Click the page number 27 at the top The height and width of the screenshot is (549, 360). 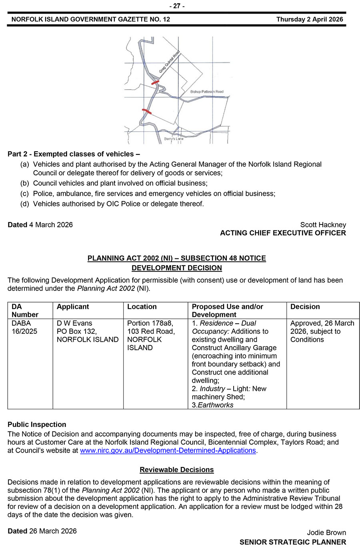[x=177, y=6]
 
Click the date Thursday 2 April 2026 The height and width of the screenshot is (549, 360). [x=310, y=19]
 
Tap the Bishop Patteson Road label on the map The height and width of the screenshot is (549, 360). [x=207, y=92]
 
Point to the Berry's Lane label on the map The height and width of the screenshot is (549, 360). [x=174, y=139]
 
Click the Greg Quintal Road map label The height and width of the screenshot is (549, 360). [x=170, y=62]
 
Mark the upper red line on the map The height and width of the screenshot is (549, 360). [x=155, y=82]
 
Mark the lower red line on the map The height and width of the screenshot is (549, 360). [x=147, y=111]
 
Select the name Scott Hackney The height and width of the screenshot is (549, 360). [x=323, y=225]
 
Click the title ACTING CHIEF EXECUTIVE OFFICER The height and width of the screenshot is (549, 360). [x=283, y=233]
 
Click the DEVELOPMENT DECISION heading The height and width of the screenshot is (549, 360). [x=176, y=268]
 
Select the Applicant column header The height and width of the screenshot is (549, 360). [x=73, y=307]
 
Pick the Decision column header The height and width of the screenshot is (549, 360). [x=305, y=307]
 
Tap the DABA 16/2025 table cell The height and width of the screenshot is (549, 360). [x=21, y=327]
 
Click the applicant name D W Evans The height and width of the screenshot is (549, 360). [x=74, y=323]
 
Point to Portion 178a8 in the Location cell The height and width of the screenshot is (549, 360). [x=150, y=323]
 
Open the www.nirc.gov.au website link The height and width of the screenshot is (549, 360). [x=168, y=451]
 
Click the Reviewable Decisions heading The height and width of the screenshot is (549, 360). [x=176, y=470]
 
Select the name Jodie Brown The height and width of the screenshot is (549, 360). [x=326, y=533]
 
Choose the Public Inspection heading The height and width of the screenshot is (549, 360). [x=37, y=425]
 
